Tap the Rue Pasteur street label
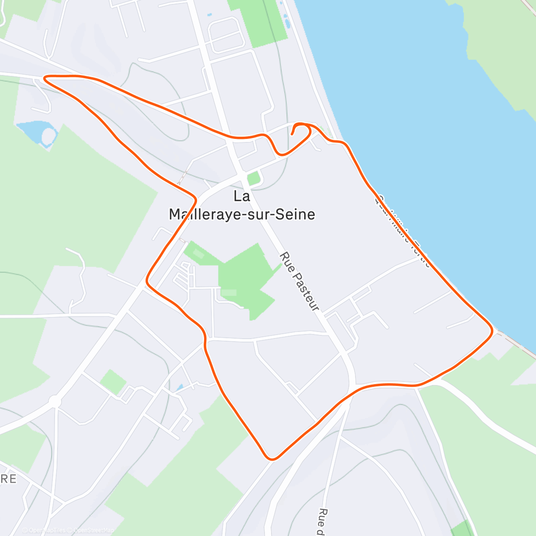coord(299,281)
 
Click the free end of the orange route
coord(292,134)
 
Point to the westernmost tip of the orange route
coord(44,79)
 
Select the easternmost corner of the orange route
coord(492,331)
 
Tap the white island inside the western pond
coord(49,135)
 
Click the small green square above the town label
coord(254,179)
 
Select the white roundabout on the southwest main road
coord(55,402)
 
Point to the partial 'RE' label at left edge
coord(8,479)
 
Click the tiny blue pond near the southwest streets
coord(179,388)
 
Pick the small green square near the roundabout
coord(113,382)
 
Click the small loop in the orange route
coord(304,130)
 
